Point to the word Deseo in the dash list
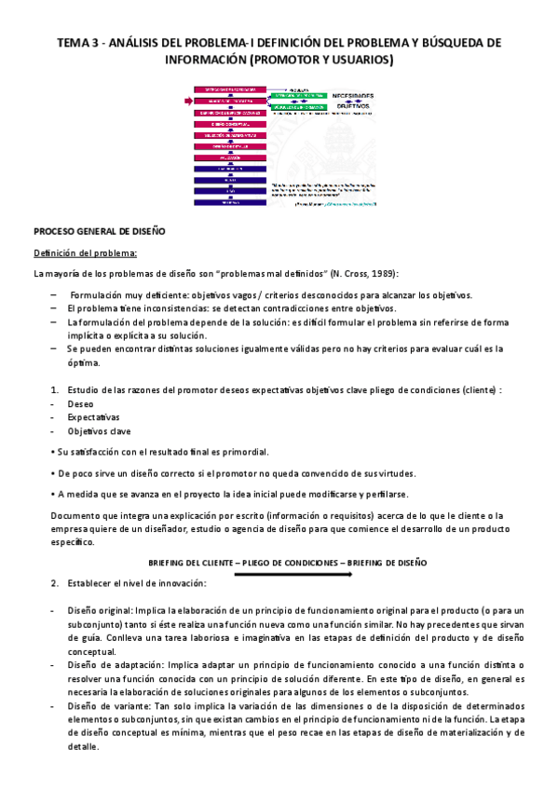[80, 405]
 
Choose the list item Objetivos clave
[99, 431]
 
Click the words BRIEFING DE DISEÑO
[385, 564]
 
